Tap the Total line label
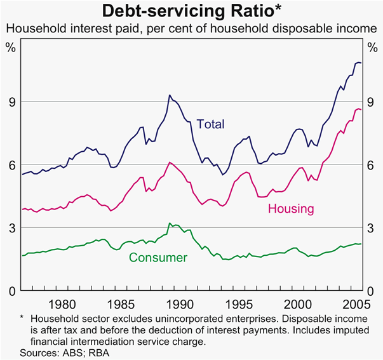coord(210,124)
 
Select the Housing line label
coord(291,208)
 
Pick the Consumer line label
coord(158,257)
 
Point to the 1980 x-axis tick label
coord(62,303)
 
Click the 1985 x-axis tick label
coord(123,303)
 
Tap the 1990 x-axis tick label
coord(183,303)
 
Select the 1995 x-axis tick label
coord(243,303)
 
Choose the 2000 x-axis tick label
coord(304,303)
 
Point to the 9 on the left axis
coord(10,102)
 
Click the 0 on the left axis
coord(10,291)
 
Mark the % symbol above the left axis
coord(10,48)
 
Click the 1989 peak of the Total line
coord(170,95)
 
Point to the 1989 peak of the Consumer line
coord(170,223)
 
